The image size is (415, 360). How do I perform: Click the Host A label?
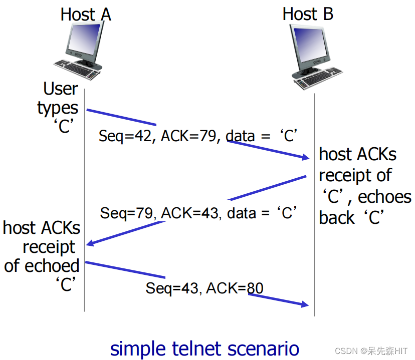86,14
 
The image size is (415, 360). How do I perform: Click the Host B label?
307,14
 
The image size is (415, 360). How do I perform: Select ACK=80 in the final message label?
235,288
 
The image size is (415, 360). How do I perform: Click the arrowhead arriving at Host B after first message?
305,158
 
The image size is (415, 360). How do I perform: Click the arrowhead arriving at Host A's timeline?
90,244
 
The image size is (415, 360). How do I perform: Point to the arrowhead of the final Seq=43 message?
305,304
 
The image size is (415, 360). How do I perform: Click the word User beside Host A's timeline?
61,89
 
